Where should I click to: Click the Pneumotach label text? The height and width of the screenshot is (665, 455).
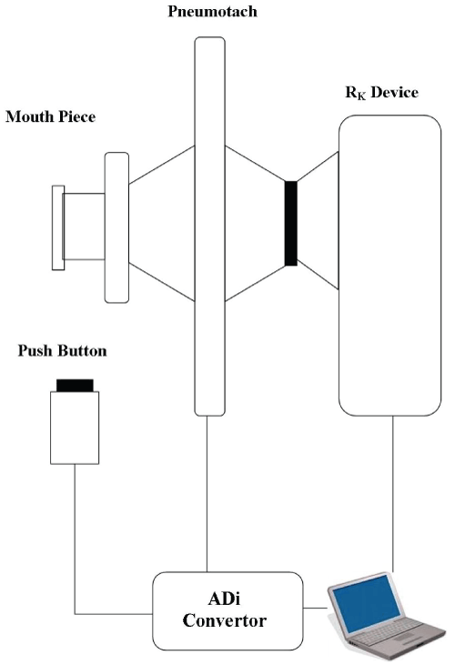click(212, 12)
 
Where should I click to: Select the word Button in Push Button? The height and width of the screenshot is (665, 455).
click(82, 351)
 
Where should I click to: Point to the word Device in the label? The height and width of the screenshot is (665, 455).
click(394, 92)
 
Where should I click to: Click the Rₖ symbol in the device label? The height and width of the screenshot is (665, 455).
click(355, 94)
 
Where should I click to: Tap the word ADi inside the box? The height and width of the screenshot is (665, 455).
click(225, 600)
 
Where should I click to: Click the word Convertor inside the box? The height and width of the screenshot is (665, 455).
click(225, 620)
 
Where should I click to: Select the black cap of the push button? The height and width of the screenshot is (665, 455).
click(75, 385)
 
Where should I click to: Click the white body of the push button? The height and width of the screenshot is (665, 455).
click(75, 428)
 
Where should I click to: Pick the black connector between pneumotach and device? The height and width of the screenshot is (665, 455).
click(291, 223)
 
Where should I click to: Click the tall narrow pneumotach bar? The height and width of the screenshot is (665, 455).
click(209, 227)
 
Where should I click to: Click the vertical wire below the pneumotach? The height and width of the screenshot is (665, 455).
click(207, 494)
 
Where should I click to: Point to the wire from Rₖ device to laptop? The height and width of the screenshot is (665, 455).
click(393, 494)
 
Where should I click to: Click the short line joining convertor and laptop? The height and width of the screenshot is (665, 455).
click(316, 609)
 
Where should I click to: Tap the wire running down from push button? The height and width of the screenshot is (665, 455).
click(75, 539)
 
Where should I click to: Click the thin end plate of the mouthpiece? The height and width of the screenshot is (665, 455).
click(58, 227)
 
